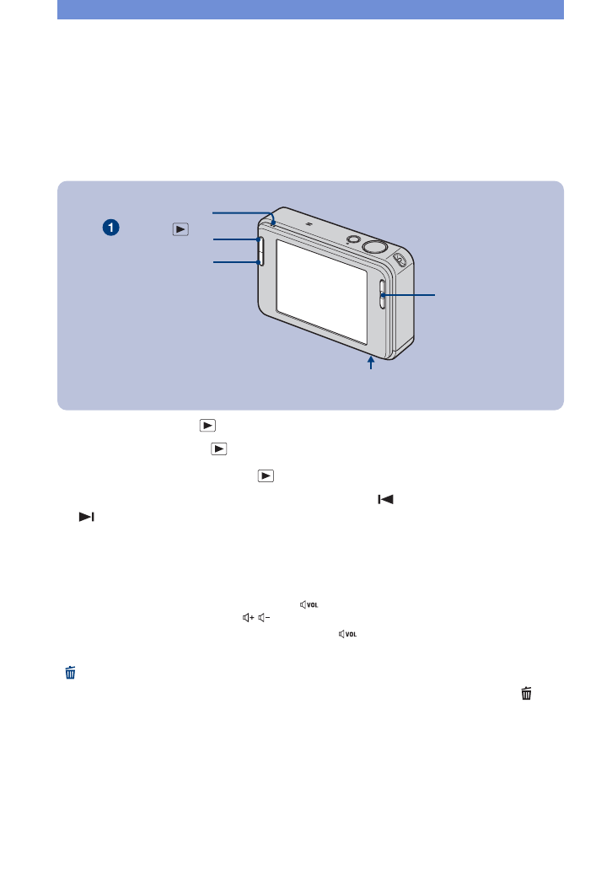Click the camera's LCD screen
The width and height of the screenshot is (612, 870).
[321, 291]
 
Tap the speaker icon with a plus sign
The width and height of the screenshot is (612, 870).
[248, 618]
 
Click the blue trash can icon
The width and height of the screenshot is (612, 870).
[71, 672]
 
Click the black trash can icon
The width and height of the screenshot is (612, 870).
[526, 693]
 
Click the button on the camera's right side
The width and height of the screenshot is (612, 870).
[382, 293]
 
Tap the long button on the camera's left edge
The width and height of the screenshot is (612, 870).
[259, 251]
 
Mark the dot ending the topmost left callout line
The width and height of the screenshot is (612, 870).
[274, 224]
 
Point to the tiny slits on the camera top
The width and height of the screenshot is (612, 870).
[309, 224]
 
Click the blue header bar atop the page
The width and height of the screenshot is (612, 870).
[310, 9]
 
